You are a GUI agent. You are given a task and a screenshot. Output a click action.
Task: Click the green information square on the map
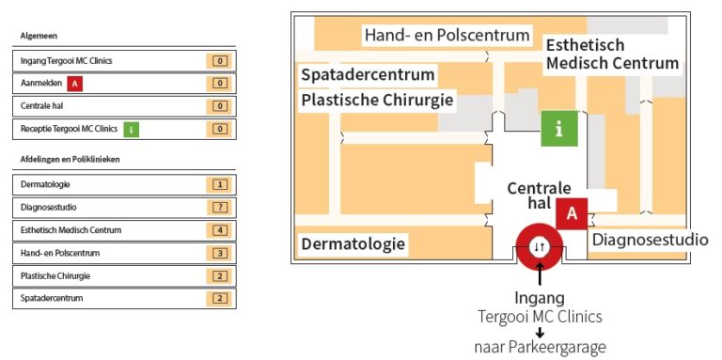click(559, 129)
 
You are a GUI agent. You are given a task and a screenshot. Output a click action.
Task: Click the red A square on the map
click(572, 213)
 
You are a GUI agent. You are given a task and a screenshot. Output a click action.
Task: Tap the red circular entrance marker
click(539, 245)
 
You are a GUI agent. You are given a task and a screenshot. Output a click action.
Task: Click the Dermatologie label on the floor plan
click(353, 244)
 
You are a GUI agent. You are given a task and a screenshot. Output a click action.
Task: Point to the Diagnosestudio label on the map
click(650, 240)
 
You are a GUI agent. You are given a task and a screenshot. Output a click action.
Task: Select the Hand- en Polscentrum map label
click(447, 36)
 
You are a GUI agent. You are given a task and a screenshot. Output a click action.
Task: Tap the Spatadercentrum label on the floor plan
click(368, 74)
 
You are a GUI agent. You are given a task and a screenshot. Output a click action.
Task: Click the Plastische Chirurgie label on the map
click(377, 100)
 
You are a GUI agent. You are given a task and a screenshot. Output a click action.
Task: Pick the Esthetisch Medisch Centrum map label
click(612, 54)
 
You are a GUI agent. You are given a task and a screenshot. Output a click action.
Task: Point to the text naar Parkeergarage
click(539, 348)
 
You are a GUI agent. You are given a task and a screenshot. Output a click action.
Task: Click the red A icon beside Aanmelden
click(76, 84)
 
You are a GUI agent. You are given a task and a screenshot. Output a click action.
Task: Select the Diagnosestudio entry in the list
click(49, 208)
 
